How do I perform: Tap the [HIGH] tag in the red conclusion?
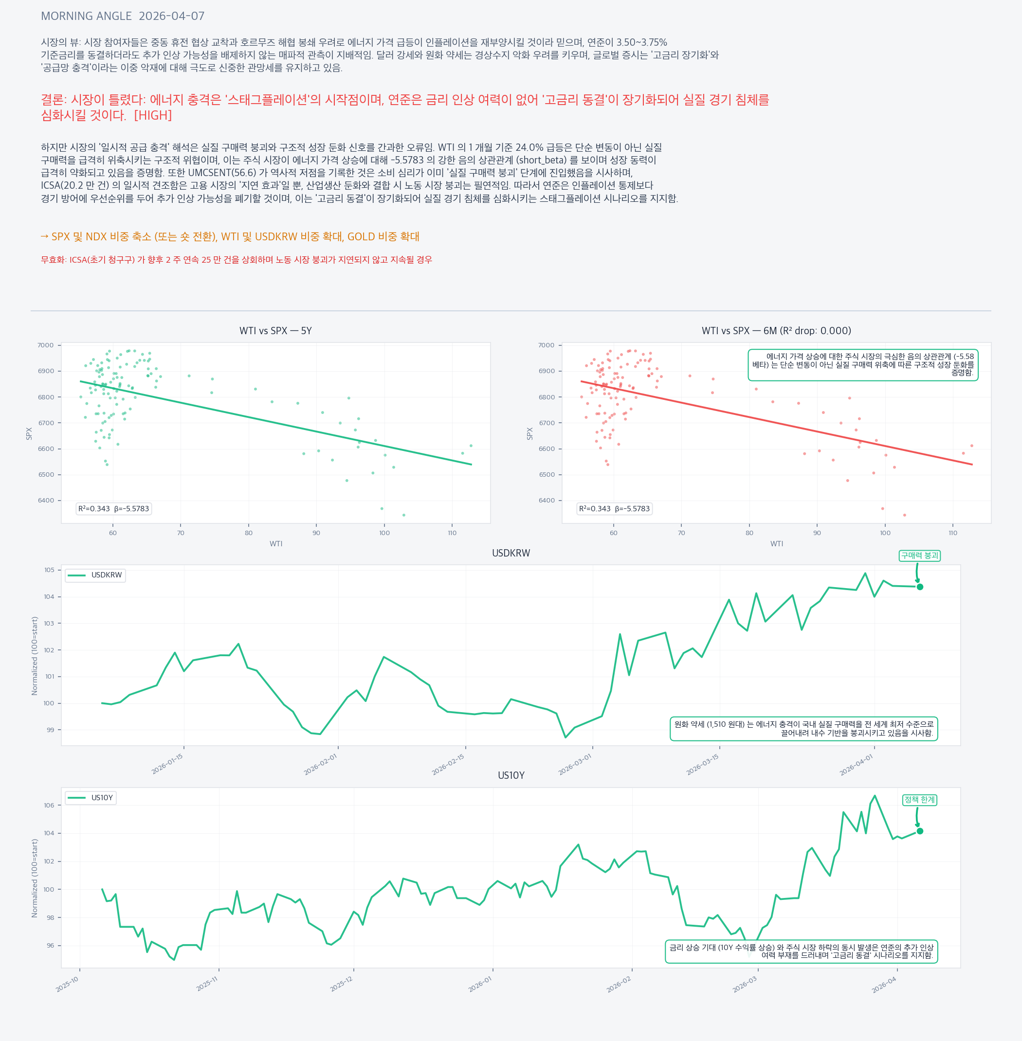click(152, 115)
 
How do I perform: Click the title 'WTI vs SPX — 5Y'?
click(275, 331)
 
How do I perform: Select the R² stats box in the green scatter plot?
click(113, 509)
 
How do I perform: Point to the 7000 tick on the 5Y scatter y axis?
click(46, 345)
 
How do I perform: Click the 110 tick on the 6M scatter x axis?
click(953, 533)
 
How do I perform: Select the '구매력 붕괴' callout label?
click(919, 556)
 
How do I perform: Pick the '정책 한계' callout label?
click(919, 800)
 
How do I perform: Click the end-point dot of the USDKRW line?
click(920, 587)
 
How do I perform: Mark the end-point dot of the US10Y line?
click(920, 831)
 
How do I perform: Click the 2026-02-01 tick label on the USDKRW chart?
click(320, 764)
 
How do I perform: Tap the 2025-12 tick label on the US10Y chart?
click(341, 984)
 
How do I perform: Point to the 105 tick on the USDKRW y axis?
click(49, 570)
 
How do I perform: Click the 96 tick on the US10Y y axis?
click(50, 946)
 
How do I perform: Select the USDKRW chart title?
click(511, 553)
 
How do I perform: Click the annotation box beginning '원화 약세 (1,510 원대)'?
click(803, 729)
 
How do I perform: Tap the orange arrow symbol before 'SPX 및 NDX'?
click(45, 236)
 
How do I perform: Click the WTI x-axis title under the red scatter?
click(776, 543)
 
